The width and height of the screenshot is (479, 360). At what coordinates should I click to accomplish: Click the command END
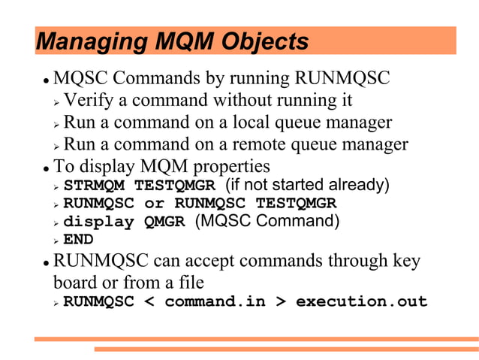(x=78, y=241)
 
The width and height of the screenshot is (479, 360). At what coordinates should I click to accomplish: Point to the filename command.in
(x=215, y=302)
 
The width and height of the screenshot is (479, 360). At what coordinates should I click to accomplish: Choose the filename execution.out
(x=361, y=302)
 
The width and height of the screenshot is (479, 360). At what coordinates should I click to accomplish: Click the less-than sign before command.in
(x=149, y=302)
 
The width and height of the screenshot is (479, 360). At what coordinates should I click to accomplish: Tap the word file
(x=189, y=283)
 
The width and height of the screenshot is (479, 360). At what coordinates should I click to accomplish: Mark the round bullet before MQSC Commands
(x=45, y=80)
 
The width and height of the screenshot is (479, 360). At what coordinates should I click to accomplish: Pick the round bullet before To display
(x=45, y=167)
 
